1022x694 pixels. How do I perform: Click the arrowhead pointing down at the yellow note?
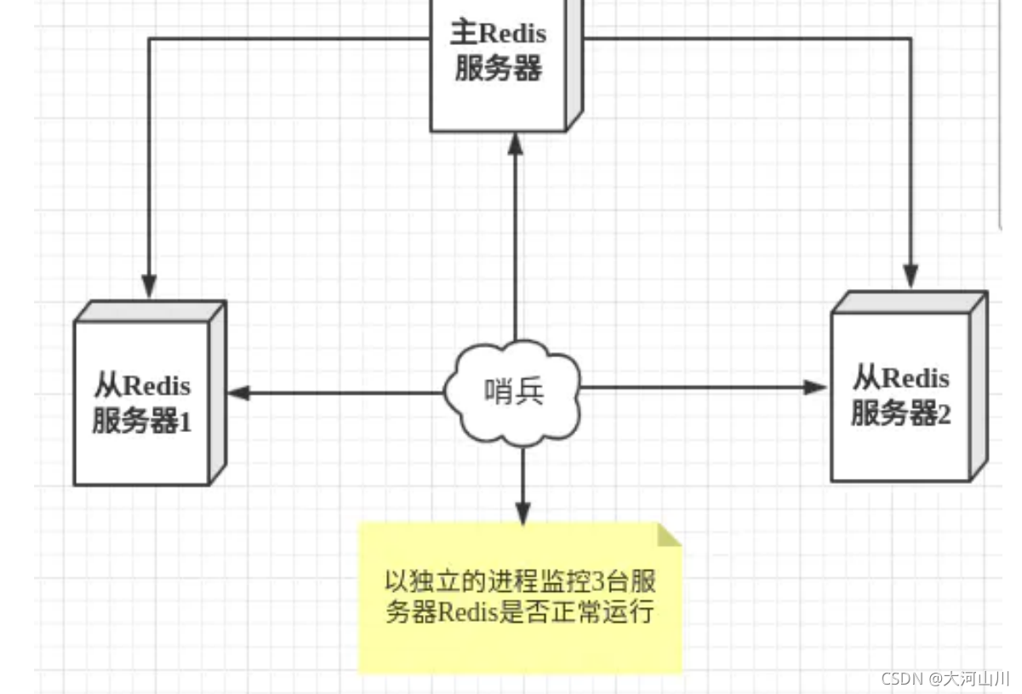[x=522, y=514]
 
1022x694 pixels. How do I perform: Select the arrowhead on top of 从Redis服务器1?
[x=149, y=287]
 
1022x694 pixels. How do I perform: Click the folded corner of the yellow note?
[x=670, y=534]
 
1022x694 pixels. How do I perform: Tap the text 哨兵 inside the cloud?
[x=513, y=392]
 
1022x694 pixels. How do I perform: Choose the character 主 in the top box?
[x=465, y=33]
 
